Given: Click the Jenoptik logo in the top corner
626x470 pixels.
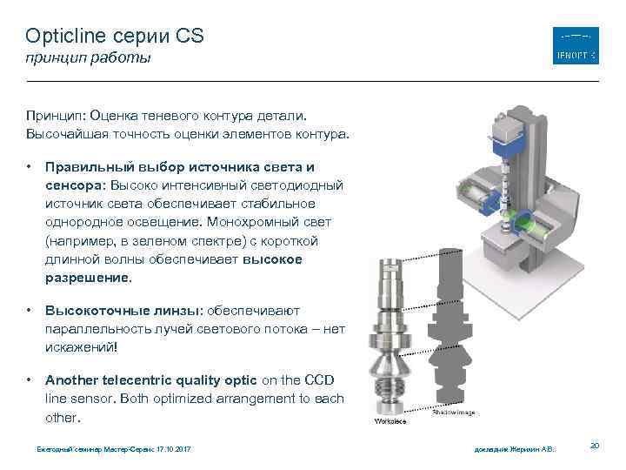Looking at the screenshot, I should [x=576, y=45].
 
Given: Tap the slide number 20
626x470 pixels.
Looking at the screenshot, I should [x=595, y=446].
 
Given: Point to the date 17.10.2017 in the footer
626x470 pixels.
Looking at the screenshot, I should [x=170, y=449].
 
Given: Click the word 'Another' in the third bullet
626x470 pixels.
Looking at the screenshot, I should [x=74, y=379].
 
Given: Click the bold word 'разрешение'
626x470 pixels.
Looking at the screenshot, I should [x=86, y=279].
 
